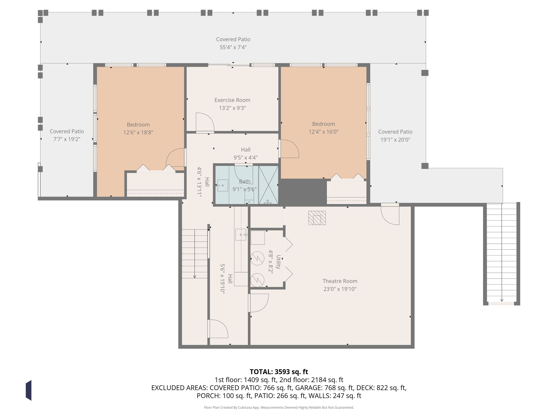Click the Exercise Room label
232,100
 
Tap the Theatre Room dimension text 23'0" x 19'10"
340,289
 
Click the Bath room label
244,181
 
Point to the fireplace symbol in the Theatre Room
317,218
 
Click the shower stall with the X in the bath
268,185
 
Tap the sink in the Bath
223,185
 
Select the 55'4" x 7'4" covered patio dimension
233,47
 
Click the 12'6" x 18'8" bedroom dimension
138,132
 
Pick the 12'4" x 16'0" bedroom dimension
324,132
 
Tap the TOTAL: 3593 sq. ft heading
279,372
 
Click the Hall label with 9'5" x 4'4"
246,154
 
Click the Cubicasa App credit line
279,407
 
